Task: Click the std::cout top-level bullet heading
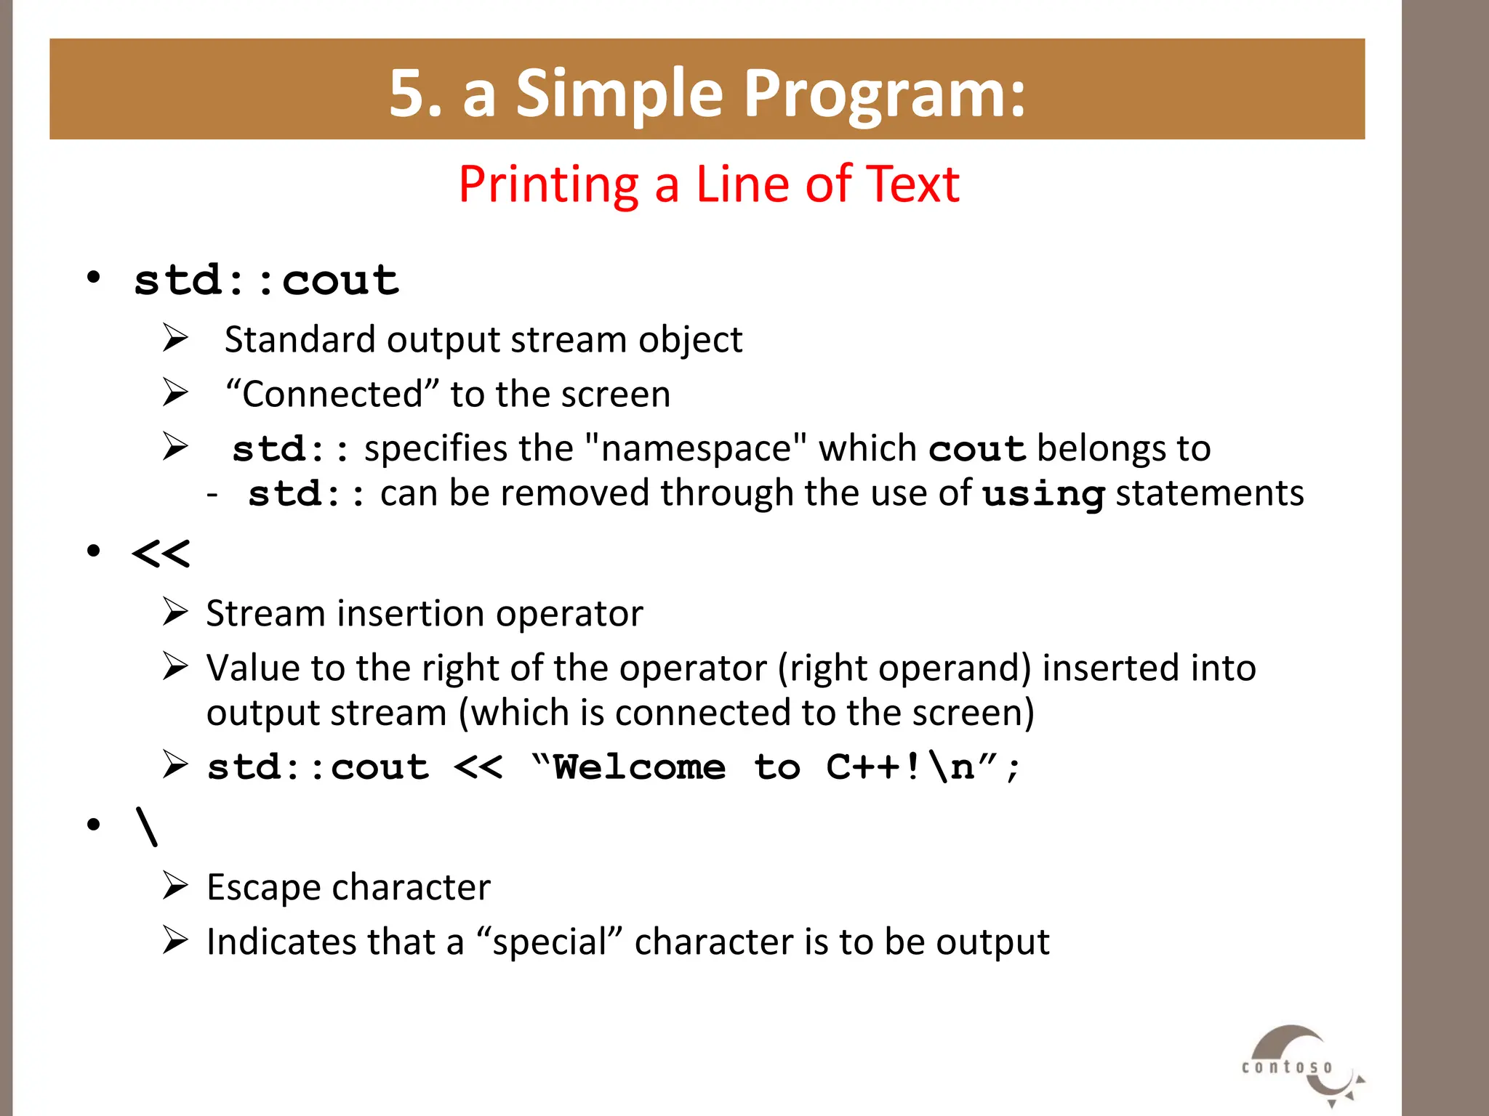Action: [266, 280]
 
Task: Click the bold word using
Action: [1043, 495]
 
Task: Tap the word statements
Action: [1210, 493]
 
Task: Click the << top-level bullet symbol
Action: [161, 554]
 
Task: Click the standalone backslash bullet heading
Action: [146, 827]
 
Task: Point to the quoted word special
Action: [550, 942]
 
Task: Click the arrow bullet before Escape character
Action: [175, 886]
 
